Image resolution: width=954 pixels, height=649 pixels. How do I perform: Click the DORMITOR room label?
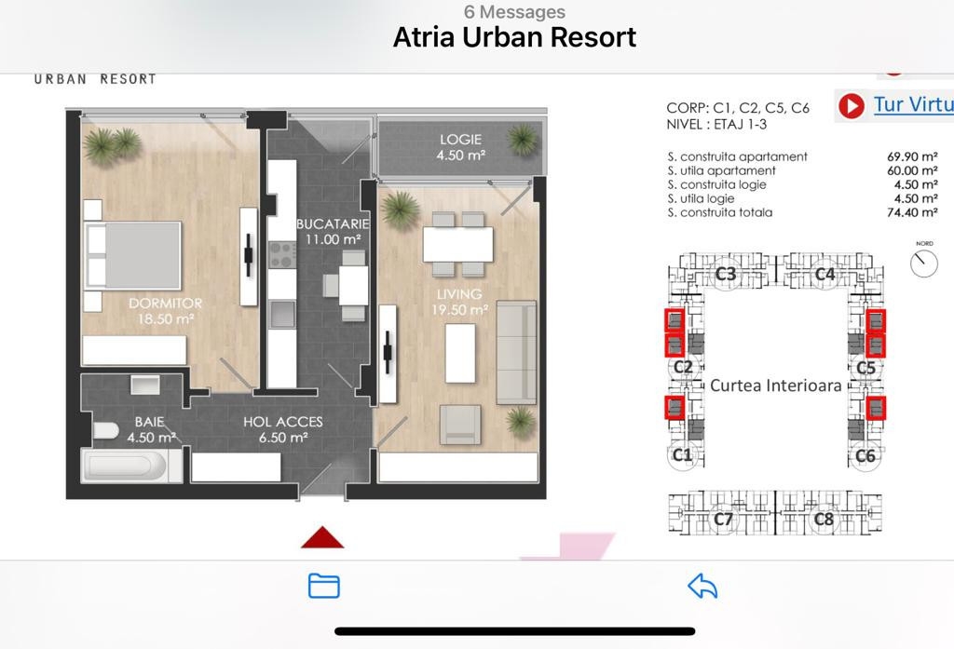(166, 303)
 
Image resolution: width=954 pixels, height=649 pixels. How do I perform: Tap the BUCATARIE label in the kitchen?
(333, 223)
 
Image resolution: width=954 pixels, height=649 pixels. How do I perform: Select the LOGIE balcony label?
(460, 140)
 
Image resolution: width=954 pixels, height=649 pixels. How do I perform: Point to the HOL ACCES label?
(283, 422)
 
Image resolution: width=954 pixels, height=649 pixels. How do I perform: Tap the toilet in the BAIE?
(106, 430)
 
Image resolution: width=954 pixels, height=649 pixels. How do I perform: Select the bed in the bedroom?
(133, 255)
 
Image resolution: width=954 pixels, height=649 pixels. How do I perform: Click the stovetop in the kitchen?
(282, 255)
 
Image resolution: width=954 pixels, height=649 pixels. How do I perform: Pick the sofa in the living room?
(516, 352)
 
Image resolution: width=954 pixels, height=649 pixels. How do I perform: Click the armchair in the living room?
(460, 425)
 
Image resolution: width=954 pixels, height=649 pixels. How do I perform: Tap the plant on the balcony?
(523, 140)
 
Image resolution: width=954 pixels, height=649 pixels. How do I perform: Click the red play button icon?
(852, 106)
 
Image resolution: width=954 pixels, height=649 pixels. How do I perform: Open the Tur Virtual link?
(914, 104)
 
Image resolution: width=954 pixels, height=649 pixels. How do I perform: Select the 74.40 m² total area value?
(912, 212)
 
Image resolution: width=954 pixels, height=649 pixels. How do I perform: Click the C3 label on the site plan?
(725, 274)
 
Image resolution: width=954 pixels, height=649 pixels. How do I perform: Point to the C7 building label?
(723, 519)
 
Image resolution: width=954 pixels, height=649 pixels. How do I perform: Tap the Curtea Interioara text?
(776, 385)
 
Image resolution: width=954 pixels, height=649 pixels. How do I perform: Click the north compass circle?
(924, 264)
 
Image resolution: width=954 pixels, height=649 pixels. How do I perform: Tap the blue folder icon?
(324, 586)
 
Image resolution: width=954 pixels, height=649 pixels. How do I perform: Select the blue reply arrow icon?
(702, 586)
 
